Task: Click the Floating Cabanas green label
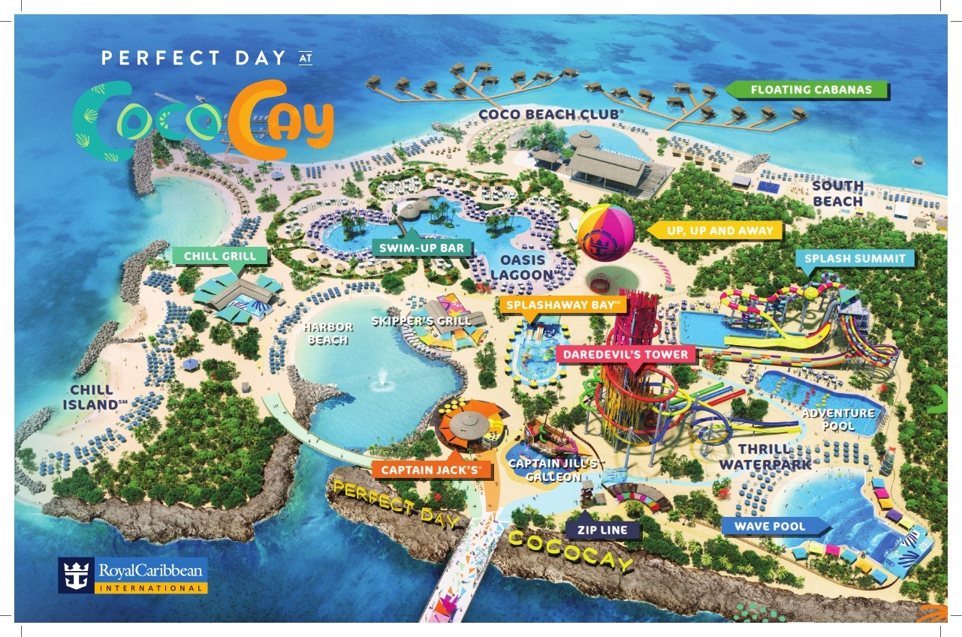pos(811,90)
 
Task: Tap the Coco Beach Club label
pos(551,114)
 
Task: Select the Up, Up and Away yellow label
pos(719,231)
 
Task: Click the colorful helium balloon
pos(610,236)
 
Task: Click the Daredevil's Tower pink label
pos(628,353)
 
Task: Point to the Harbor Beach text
pos(328,334)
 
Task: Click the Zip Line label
pos(608,530)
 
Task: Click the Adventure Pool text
pos(838,419)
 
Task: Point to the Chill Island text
pos(92,397)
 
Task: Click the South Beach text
pos(838,194)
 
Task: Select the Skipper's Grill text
pos(422,321)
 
